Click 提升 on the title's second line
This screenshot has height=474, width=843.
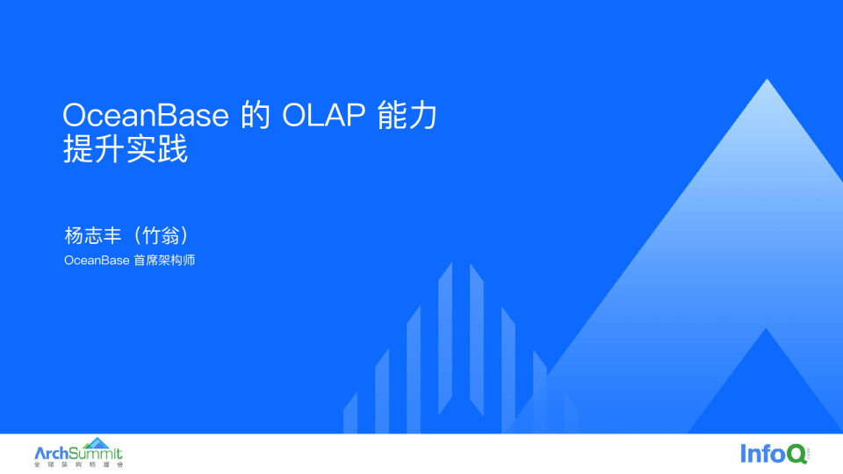(94, 150)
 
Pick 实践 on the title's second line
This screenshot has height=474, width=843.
(157, 150)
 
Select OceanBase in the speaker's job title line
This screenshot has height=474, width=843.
(97, 261)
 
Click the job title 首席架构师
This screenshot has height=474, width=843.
(164, 261)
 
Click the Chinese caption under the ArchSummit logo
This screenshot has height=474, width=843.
(78, 464)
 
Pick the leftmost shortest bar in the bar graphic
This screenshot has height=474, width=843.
(350, 413)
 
